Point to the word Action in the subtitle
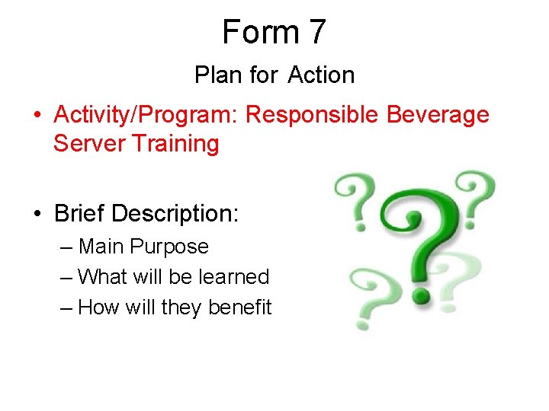click(322, 75)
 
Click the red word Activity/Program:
click(148, 115)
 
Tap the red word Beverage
click(438, 115)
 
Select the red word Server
click(86, 143)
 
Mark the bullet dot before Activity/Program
click(37, 116)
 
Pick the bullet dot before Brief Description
click(37, 215)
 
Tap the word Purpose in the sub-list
click(173, 247)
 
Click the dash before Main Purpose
click(66, 247)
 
